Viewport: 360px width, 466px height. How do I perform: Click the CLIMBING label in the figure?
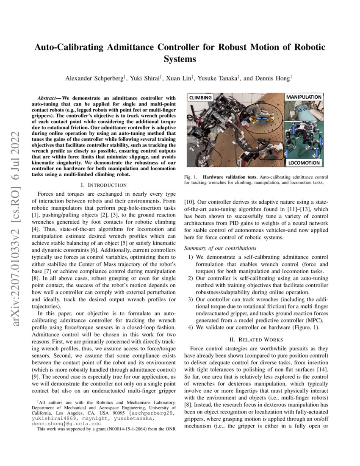[x=200, y=97]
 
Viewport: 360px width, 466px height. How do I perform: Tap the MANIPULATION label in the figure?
[x=304, y=97]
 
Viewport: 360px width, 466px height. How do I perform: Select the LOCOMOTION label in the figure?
[x=305, y=163]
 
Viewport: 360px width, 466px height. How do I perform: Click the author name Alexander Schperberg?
[x=94, y=78]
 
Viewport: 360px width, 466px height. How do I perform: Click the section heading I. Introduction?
[x=103, y=185]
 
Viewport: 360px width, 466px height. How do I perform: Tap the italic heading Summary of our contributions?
[x=220, y=248]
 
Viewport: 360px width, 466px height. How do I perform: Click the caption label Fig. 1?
[x=190, y=177]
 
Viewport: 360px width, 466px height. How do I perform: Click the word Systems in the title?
[x=180, y=59]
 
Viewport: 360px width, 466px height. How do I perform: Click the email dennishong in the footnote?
[x=50, y=423]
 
